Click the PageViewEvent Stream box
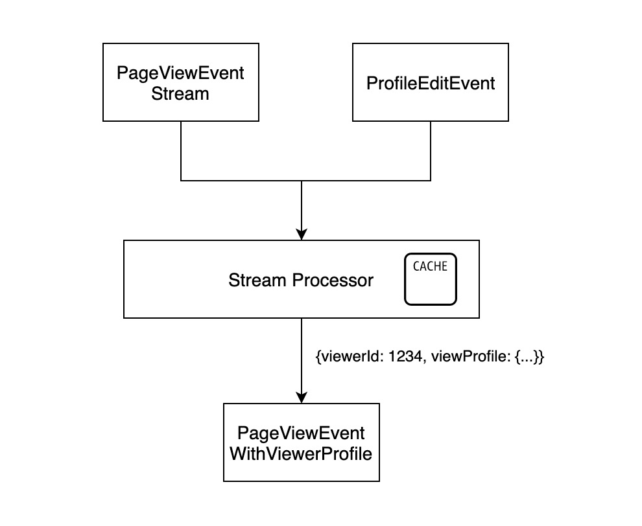point(180,82)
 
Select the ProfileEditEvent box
point(431,82)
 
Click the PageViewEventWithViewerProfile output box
point(301,442)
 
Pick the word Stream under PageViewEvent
point(180,93)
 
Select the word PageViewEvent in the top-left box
point(180,73)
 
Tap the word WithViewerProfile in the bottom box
point(301,453)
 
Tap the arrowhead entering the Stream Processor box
point(301,234)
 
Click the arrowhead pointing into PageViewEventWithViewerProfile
point(301,396)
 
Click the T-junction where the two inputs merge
point(301,180)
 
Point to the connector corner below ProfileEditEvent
point(431,180)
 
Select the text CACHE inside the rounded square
point(430,266)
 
